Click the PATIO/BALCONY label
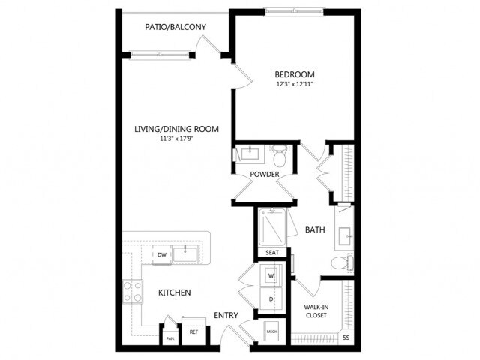pos(175,28)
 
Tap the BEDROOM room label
pos(294,74)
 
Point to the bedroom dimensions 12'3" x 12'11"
pos(294,85)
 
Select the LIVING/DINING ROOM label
pos(176,129)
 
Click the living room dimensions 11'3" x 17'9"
pos(176,139)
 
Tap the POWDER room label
pos(265,175)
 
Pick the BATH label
pos(316,229)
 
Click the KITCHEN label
pos(174,292)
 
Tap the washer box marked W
pos(271,274)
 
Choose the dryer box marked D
pos(271,300)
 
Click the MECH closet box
pos(271,331)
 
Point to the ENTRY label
pos(226,315)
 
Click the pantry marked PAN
pos(169,338)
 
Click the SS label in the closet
pos(346,337)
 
